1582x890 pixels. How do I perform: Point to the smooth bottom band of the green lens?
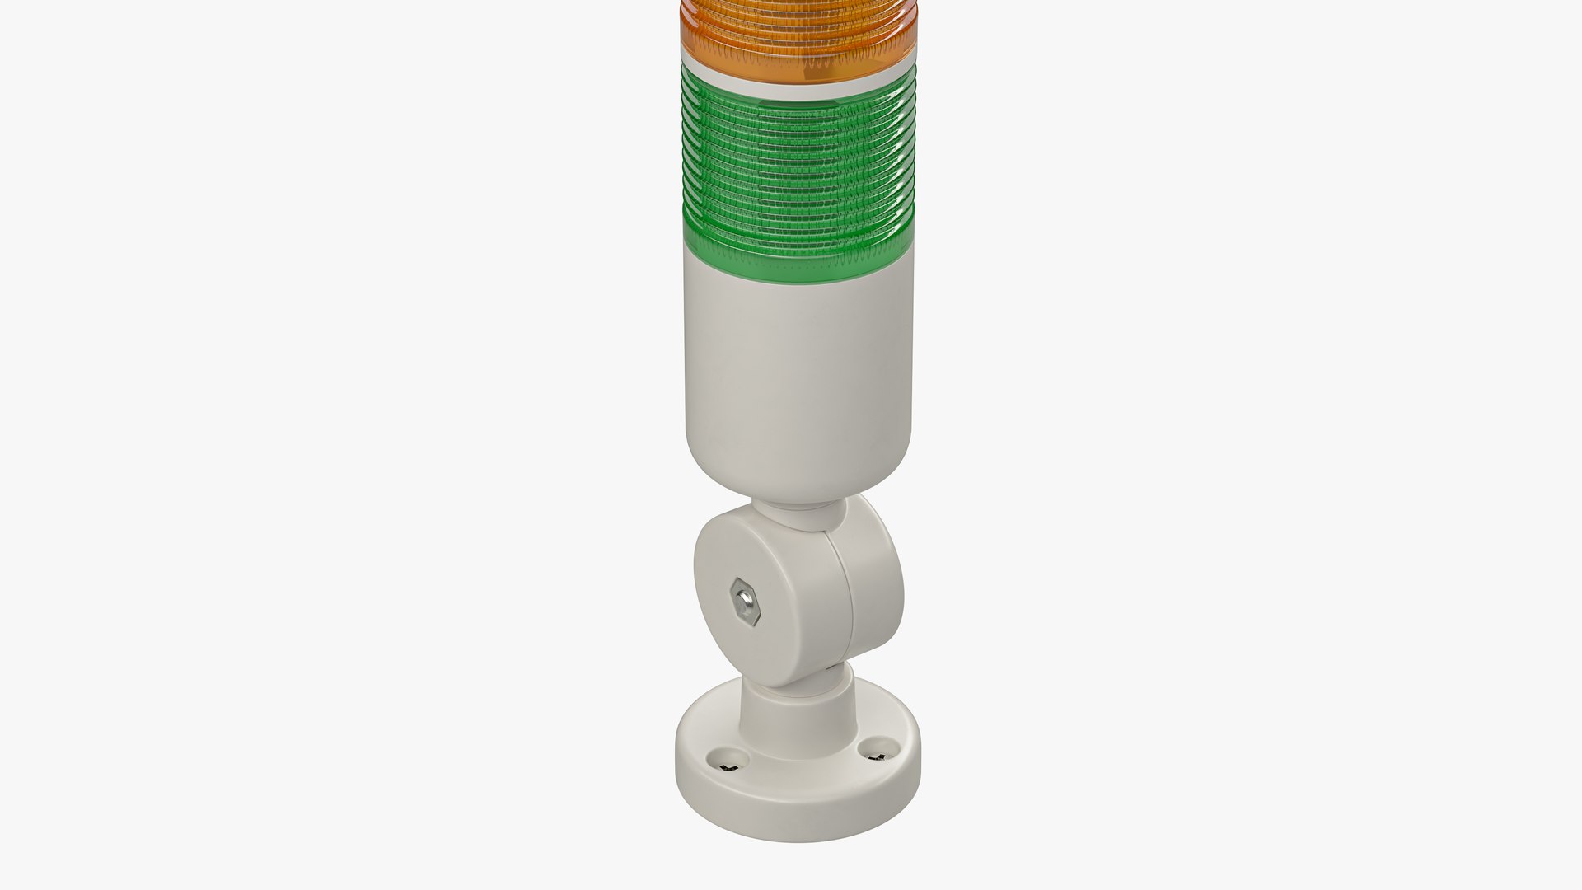(798, 235)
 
